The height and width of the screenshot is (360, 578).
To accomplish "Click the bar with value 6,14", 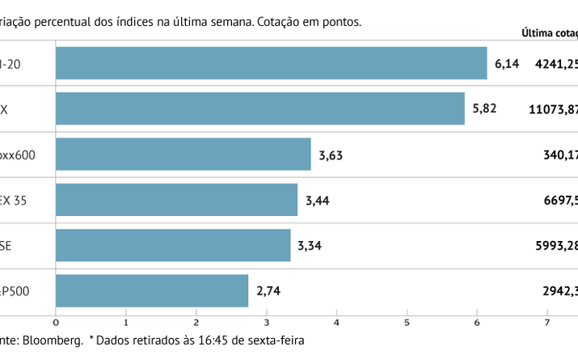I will pyautogui.click(x=271, y=63).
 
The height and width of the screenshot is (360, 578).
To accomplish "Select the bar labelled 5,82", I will pyautogui.click(x=259, y=108).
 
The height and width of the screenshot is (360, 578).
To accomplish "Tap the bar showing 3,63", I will pyautogui.click(x=183, y=154).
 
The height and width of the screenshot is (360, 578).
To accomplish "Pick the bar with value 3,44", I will pyautogui.click(x=176, y=200).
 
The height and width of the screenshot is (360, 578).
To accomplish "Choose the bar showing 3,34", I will pyautogui.click(x=172, y=245).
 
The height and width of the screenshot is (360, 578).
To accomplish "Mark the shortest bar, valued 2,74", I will pyautogui.click(x=151, y=290).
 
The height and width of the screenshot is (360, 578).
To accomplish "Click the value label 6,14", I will pyautogui.click(x=505, y=63).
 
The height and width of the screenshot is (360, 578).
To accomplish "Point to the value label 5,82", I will pyautogui.click(x=483, y=108).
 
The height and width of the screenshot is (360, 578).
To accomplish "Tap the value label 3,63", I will pyautogui.click(x=330, y=154).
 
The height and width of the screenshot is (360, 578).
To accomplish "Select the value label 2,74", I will pyautogui.click(x=267, y=290).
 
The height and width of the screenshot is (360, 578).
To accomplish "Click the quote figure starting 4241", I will pyautogui.click(x=555, y=63).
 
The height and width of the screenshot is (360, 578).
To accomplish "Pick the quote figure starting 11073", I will pyautogui.click(x=554, y=108).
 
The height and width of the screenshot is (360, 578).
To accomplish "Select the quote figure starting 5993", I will pyautogui.click(x=555, y=245).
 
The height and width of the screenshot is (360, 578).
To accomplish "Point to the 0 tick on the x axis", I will pyautogui.click(x=56, y=322).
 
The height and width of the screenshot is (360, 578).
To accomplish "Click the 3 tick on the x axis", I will pyautogui.click(x=266, y=322).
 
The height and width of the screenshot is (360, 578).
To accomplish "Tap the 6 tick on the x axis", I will pyautogui.click(x=477, y=322).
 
